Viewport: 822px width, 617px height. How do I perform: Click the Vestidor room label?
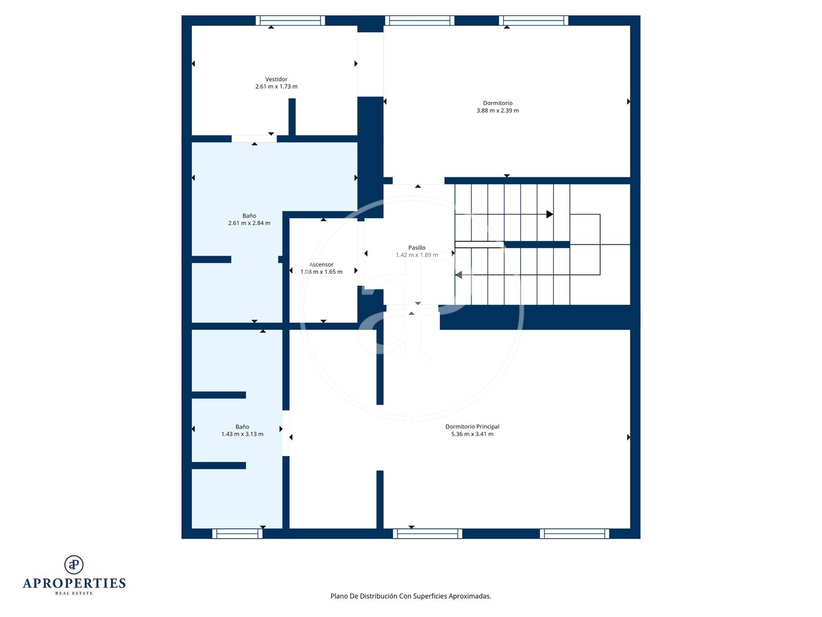tap(276, 79)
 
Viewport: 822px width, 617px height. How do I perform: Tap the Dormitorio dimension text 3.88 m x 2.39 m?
tap(497, 110)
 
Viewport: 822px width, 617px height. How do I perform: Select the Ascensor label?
tap(321, 264)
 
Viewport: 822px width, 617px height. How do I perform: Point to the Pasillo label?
tap(416, 247)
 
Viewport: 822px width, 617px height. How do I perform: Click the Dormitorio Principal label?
tap(472, 427)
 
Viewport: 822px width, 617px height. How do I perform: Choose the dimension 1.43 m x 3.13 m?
tap(242, 434)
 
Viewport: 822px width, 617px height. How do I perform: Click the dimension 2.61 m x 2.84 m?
tap(249, 223)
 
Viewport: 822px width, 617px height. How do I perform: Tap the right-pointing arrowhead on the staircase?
tap(550, 214)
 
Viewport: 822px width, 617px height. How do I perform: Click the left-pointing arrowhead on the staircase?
tap(458, 275)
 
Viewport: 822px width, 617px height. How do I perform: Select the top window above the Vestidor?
tap(290, 21)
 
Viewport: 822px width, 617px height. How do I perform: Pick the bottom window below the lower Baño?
tap(237, 534)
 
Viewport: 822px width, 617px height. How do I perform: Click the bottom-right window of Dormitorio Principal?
tap(574, 534)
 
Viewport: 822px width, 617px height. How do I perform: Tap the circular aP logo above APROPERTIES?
tap(74, 565)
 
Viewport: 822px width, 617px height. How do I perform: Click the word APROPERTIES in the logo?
tap(74, 584)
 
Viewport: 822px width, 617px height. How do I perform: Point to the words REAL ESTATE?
tap(74, 593)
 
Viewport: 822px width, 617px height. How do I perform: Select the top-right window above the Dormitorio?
tap(533, 21)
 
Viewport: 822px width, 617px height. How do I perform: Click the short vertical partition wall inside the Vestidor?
tap(292, 117)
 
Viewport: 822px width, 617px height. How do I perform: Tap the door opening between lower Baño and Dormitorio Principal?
tap(286, 433)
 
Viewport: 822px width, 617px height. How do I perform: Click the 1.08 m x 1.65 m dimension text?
tap(321, 271)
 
